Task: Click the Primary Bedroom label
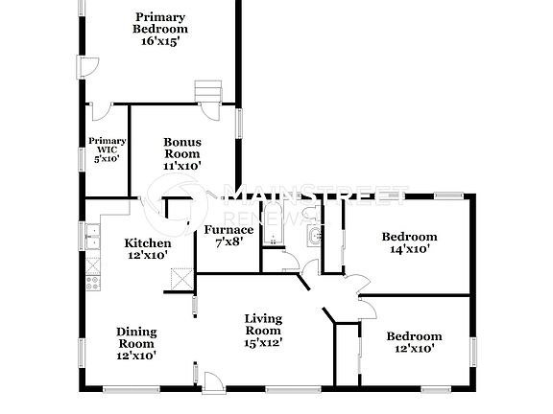(159, 23)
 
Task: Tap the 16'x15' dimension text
(159, 41)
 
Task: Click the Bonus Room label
(181, 153)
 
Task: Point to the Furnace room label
(228, 229)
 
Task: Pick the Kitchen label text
(148, 242)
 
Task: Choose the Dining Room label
(136, 337)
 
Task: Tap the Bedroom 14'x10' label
(409, 237)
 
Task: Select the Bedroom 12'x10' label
(414, 336)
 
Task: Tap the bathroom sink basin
(313, 235)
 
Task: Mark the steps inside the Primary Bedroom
(208, 89)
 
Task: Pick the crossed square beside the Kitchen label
(179, 278)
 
